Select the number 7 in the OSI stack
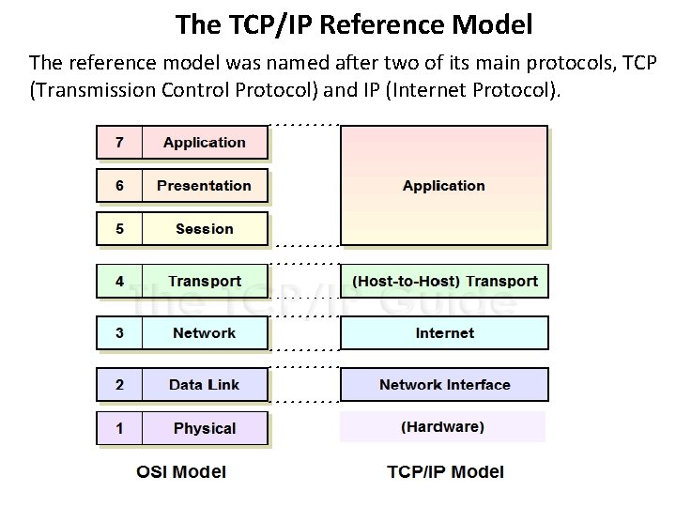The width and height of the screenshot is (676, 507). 119,143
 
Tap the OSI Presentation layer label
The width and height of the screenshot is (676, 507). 204,186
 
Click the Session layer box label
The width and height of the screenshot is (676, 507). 204,229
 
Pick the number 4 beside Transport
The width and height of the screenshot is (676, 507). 119,282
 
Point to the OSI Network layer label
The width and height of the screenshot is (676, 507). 204,333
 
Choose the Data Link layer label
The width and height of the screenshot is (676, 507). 204,385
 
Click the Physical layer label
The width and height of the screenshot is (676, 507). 204,428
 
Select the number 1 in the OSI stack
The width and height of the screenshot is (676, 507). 119,428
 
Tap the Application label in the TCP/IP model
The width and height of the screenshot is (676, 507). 443,186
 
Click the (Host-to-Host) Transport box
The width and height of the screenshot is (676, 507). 443,282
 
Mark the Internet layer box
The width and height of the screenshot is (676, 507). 443,333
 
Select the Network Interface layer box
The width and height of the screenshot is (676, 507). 443,385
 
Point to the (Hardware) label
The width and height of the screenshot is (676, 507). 443,427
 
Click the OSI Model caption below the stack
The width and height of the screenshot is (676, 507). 181,471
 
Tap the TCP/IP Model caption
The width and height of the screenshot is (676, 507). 445,471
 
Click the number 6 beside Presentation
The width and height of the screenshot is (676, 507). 119,186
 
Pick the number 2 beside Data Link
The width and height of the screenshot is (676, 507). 119,385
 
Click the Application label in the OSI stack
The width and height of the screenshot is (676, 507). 204,143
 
